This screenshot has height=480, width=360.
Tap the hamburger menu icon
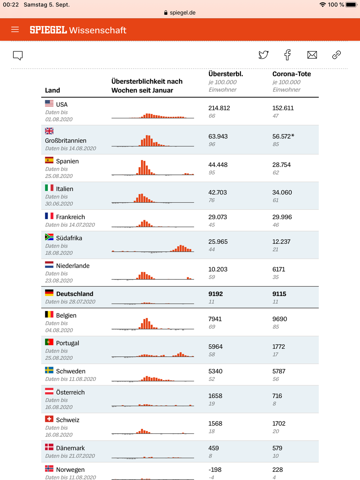click(x=15, y=29)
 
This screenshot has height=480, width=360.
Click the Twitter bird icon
click(x=263, y=55)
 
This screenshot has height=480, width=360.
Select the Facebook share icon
click(x=287, y=55)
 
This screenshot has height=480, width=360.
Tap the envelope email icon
click(x=312, y=55)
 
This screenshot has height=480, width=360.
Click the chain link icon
click(x=336, y=55)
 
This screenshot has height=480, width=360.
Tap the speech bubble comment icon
click(x=18, y=56)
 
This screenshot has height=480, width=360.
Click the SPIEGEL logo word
click(x=48, y=30)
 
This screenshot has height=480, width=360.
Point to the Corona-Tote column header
click(x=291, y=74)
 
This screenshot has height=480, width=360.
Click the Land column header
click(x=52, y=90)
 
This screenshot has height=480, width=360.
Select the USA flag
click(x=49, y=103)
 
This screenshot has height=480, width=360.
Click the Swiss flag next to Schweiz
click(x=49, y=419)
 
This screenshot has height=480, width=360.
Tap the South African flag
click(x=49, y=237)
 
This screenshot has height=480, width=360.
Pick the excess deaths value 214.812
click(x=219, y=108)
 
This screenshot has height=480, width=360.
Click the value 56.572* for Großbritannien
click(x=283, y=136)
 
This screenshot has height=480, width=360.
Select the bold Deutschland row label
click(x=75, y=294)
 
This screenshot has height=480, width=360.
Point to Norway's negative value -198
click(x=215, y=469)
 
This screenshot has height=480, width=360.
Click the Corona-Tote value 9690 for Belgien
click(x=279, y=319)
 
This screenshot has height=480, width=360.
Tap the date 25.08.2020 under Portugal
click(x=59, y=358)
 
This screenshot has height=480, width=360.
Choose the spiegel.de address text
click(x=182, y=13)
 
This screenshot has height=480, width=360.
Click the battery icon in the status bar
click(x=351, y=4)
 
